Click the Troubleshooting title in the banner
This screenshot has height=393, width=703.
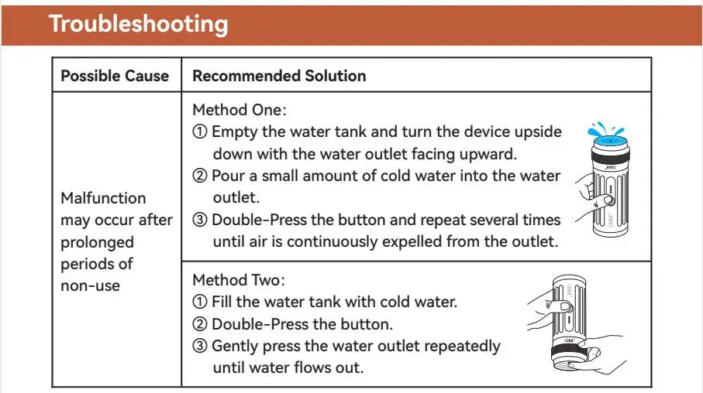(139, 24)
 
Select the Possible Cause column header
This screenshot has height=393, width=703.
(115, 76)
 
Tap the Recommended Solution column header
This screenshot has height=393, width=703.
(279, 76)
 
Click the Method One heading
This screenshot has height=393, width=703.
(240, 110)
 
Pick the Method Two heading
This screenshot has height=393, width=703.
(239, 280)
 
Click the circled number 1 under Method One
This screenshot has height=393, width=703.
(200, 132)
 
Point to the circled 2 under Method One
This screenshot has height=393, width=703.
(200, 176)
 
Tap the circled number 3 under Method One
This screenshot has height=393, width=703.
(200, 220)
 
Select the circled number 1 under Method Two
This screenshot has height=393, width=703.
(200, 301)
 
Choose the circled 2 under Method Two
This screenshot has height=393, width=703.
(200, 323)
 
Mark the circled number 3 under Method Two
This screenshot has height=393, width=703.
(200, 346)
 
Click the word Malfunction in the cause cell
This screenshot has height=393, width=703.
(103, 198)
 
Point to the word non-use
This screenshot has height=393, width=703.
(90, 285)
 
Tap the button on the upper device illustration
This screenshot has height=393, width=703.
(609, 200)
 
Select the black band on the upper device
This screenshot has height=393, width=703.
(610, 158)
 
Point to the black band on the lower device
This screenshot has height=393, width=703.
(568, 352)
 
